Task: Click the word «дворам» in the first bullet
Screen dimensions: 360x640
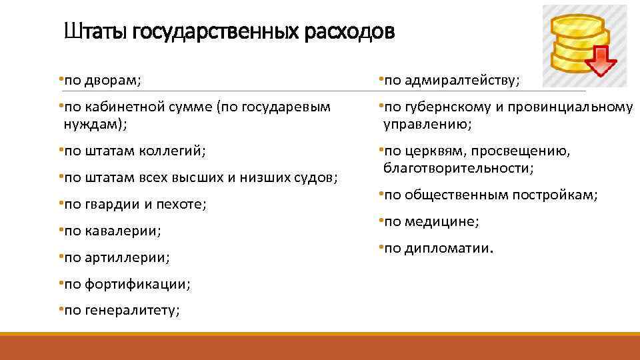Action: (113, 81)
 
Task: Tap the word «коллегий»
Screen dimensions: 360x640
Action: (172, 151)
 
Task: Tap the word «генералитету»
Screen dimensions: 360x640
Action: (133, 311)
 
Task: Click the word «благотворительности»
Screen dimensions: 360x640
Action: (458, 168)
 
